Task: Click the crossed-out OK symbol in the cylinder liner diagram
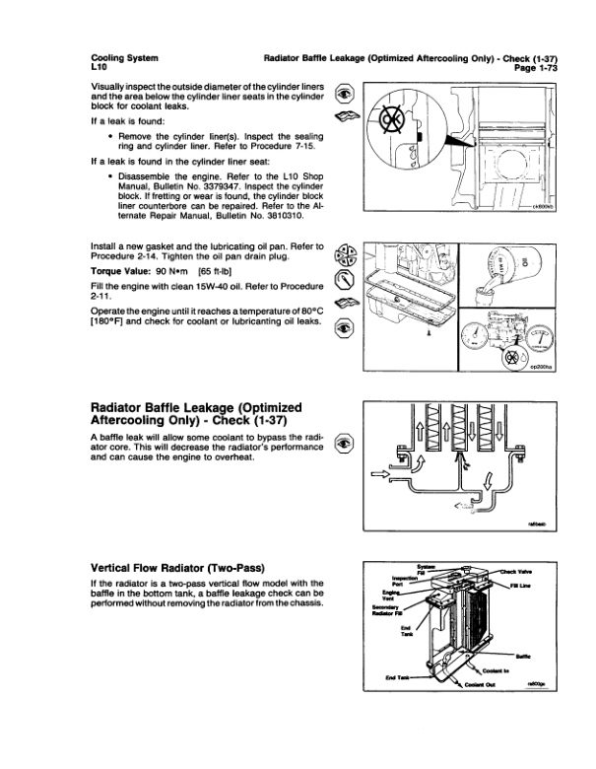point(392,125)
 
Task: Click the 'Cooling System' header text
point(123,59)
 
